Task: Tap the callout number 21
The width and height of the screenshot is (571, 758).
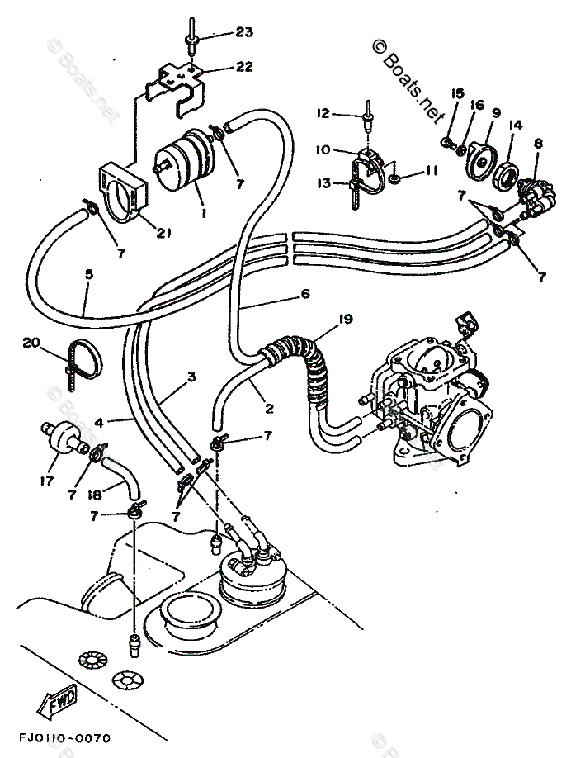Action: (163, 234)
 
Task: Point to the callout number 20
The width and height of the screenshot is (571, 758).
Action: (31, 342)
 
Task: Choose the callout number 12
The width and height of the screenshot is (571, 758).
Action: (323, 112)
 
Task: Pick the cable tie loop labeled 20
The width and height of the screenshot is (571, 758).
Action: (82, 358)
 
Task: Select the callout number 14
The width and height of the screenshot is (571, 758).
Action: (516, 125)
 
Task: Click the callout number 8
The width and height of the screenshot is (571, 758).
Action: (537, 143)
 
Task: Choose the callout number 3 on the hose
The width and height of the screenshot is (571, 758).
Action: (191, 377)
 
